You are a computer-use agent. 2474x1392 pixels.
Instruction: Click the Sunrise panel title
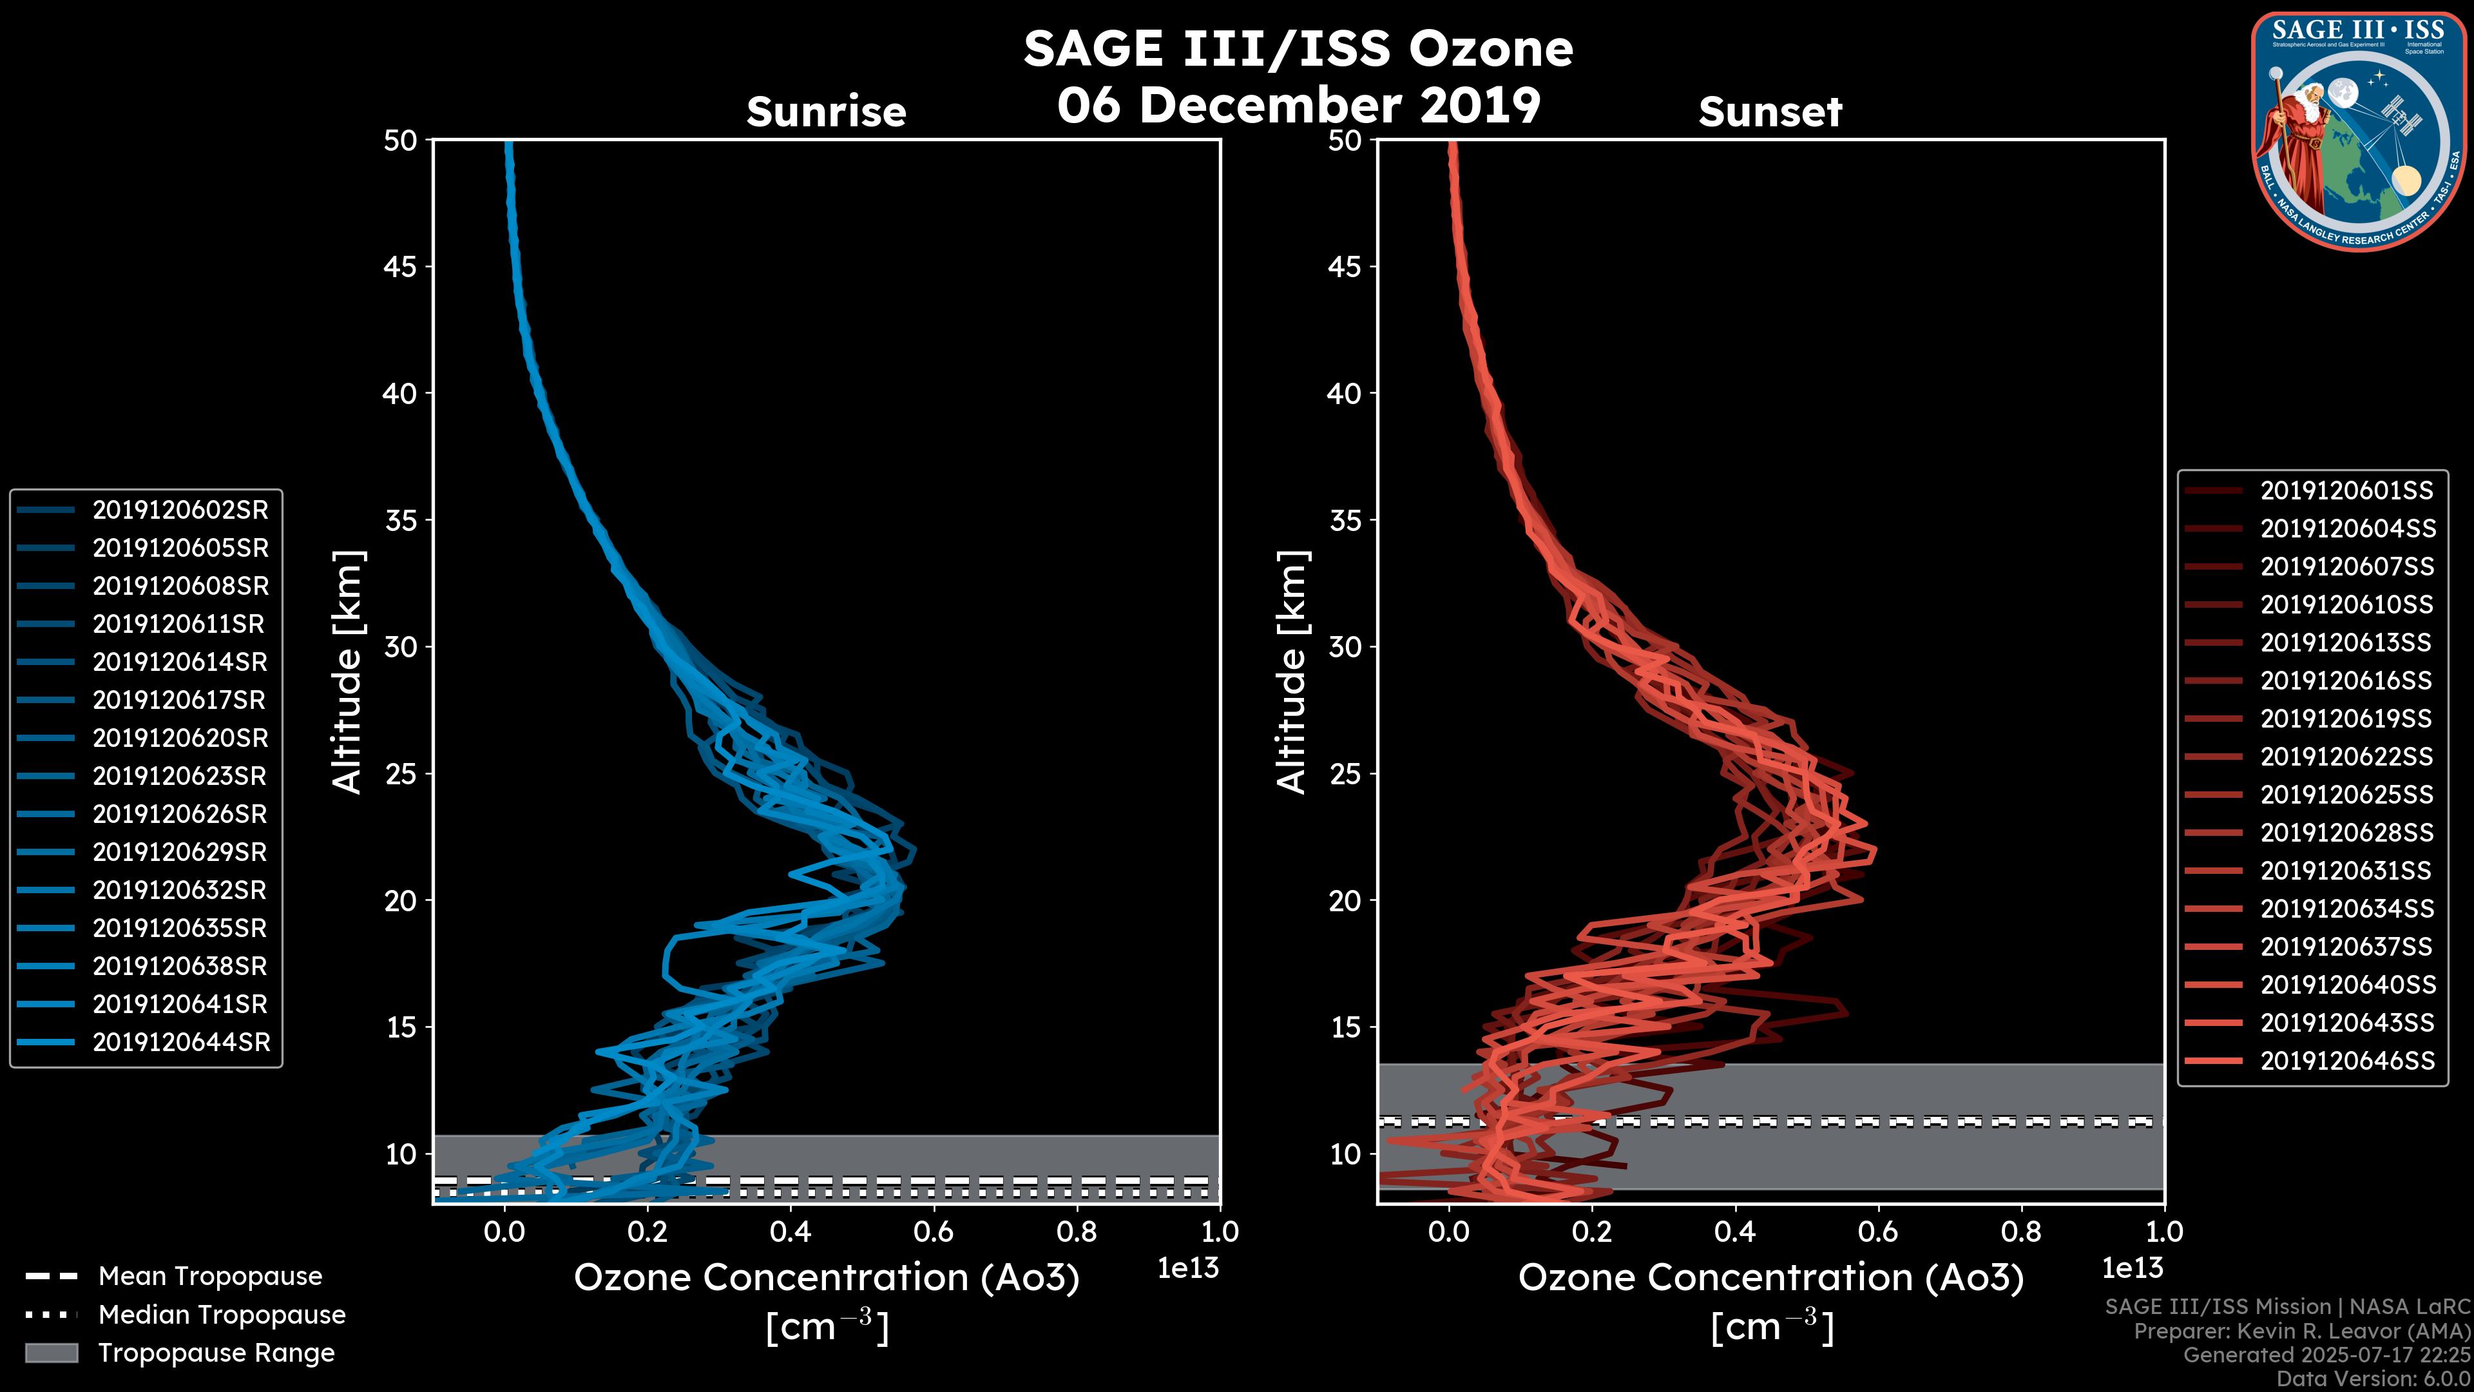(x=826, y=112)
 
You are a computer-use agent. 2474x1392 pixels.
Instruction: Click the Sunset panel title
(x=1770, y=112)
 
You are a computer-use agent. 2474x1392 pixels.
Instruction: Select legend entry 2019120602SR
(x=180, y=510)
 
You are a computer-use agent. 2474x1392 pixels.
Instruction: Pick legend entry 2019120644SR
(x=180, y=1042)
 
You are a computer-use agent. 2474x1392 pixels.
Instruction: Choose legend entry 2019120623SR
(x=180, y=776)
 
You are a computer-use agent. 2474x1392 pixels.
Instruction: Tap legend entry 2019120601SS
(x=2346, y=491)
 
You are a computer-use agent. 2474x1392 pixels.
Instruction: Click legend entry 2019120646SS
(x=2347, y=1061)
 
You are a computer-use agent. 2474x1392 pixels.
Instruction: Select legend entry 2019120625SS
(x=2346, y=795)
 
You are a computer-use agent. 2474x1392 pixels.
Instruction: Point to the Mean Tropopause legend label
(x=210, y=1277)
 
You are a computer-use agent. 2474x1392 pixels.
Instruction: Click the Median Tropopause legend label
(x=222, y=1315)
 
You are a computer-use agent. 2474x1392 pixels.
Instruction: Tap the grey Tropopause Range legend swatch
(x=51, y=1353)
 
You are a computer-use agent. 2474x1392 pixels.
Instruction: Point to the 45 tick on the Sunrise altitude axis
(x=401, y=267)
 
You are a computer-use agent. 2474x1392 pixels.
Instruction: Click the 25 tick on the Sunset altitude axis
(x=1345, y=774)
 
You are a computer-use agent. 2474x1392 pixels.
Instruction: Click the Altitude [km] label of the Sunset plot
(x=1292, y=672)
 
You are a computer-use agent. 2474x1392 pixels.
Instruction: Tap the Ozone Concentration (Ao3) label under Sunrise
(x=826, y=1278)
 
